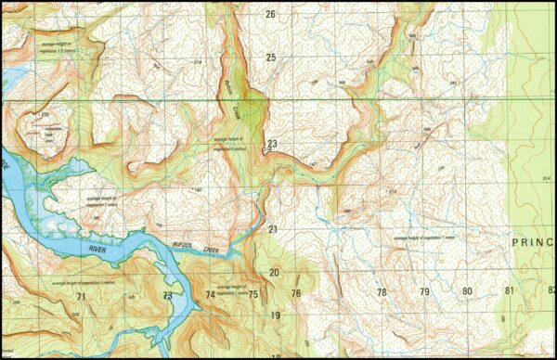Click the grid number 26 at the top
(x=271, y=14)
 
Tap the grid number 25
(x=271, y=58)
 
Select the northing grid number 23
(x=272, y=144)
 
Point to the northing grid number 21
(x=273, y=228)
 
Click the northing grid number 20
(x=274, y=272)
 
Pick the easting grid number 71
(x=82, y=296)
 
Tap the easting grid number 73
(x=167, y=295)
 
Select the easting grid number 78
(x=381, y=292)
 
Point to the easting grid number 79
(x=424, y=292)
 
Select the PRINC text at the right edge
(x=533, y=239)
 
